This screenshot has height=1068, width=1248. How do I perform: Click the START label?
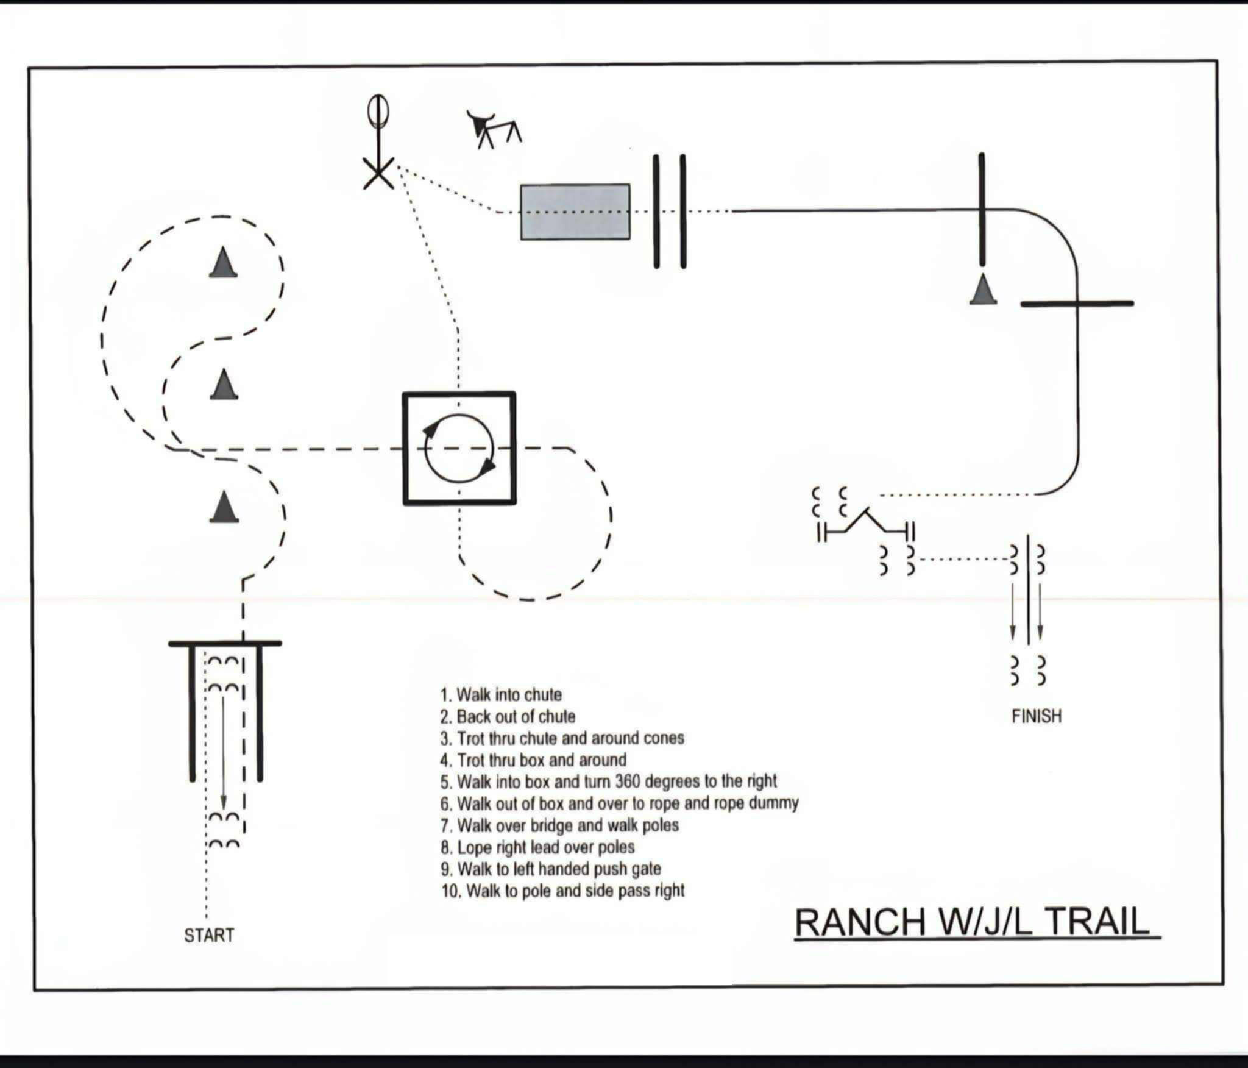coord(209,935)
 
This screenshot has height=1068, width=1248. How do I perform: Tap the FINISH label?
coord(1036,716)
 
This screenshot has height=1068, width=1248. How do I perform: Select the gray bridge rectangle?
coord(575,212)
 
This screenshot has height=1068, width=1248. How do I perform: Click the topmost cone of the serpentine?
coord(223,263)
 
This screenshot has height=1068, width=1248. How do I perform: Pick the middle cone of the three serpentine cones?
coord(223,385)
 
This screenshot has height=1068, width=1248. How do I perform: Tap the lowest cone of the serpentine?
coord(224,507)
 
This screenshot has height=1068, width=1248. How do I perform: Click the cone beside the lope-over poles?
coord(983,290)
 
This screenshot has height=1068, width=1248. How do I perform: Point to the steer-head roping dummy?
coord(494,129)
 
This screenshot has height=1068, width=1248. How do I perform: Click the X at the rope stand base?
coord(378,172)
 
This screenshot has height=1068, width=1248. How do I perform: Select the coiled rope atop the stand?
coord(378,111)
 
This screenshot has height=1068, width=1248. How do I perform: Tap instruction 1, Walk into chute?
coord(501,695)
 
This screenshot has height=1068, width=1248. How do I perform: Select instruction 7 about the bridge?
coord(560,825)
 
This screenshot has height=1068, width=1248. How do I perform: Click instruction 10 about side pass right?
coord(563,891)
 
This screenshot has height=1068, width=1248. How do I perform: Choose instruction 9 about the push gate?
coord(551,869)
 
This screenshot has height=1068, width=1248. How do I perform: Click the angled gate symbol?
coord(866,522)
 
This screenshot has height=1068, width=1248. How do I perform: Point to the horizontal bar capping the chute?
coord(225,643)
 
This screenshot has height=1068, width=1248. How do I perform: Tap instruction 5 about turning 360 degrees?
coord(609,781)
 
